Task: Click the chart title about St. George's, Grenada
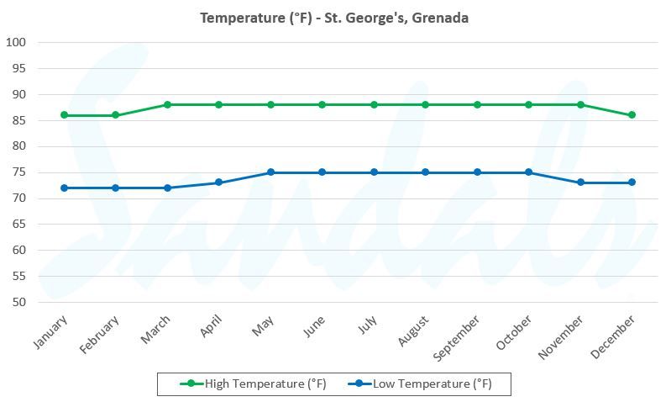click(x=335, y=18)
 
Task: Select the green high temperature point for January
click(x=64, y=115)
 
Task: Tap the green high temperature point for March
click(x=167, y=104)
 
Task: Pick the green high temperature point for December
click(x=632, y=115)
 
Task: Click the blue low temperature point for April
click(x=219, y=182)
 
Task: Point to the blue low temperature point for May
click(x=270, y=172)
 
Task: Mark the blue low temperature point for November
click(x=581, y=182)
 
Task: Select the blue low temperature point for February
click(x=116, y=188)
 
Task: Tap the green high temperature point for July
click(x=374, y=104)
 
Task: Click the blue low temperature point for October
click(x=529, y=172)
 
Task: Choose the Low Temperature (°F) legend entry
click(x=423, y=384)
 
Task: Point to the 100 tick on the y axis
click(x=16, y=43)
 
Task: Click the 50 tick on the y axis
click(x=19, y=302)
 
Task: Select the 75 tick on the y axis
click(x=19, y=172)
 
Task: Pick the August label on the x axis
click(x=413, y=332)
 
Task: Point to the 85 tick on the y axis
click(x=19, y=120)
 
